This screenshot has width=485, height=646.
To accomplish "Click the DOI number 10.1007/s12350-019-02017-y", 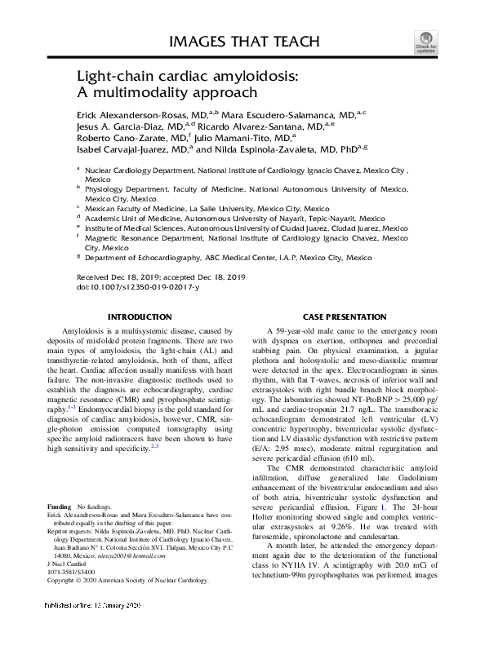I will click(x=144, y=287).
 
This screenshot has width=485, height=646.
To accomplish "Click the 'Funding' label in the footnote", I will click(x=59, y=506).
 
